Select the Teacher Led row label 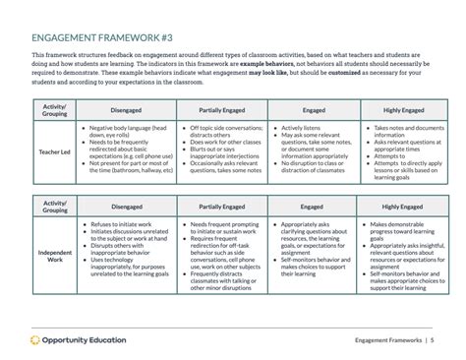pyautogui.click(x=54, y=151)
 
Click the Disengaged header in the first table pyautogui.click(x=126, y=110)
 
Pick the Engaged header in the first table pyautogui.click(x=312, y=110)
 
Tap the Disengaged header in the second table pyautogui.click(x=126, y=208)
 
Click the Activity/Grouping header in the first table pyautogui.click(x=54, y=110)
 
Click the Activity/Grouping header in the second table pyautogui.click(x=54, y=208)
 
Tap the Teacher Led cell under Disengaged pyautogui.click(x=126, y=150)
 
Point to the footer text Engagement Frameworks pyautogui.click(x=386, y=340)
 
